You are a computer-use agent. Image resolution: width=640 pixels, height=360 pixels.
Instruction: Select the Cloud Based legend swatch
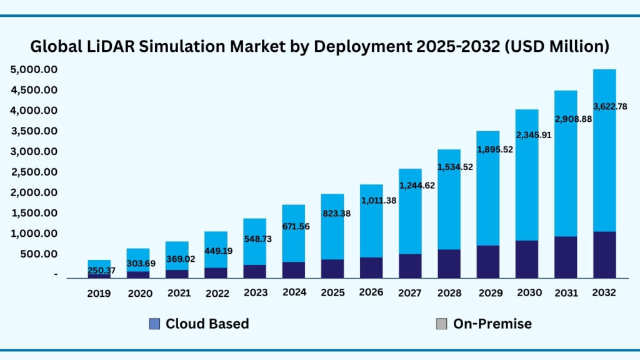coord(154,324)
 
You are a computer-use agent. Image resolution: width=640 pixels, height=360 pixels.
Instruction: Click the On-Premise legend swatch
coord(441,324)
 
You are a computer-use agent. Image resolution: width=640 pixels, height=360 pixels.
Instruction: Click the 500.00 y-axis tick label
coord(39,254)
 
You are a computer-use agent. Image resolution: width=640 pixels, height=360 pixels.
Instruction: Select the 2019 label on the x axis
coord(99,292)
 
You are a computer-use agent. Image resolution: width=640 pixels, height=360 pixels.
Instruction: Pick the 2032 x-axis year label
coord(604,292)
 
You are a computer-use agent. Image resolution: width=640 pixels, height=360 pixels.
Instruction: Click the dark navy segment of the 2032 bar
coord(604,254)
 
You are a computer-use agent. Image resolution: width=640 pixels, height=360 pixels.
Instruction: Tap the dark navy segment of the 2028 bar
coord(449,263)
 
